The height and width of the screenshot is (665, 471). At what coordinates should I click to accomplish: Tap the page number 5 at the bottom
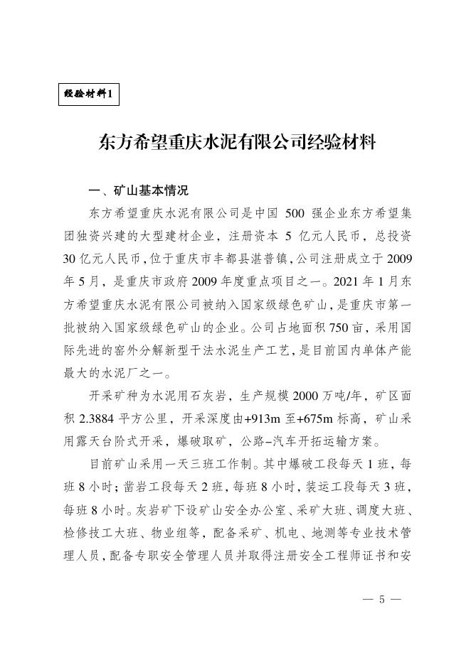381,598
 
